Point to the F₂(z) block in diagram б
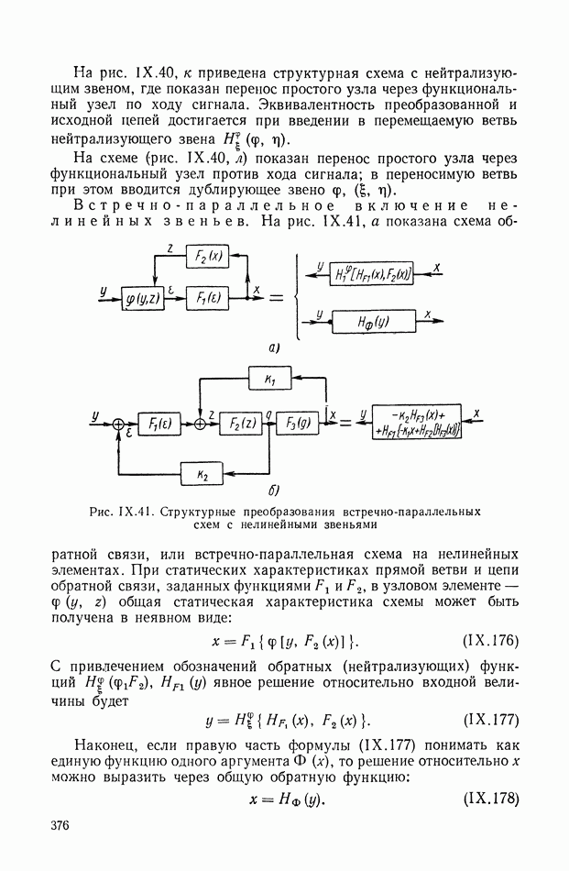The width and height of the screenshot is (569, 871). [241, 424]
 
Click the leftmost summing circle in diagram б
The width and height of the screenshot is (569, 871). [118, 424]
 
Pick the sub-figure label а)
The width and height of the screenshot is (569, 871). [273, 348]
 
